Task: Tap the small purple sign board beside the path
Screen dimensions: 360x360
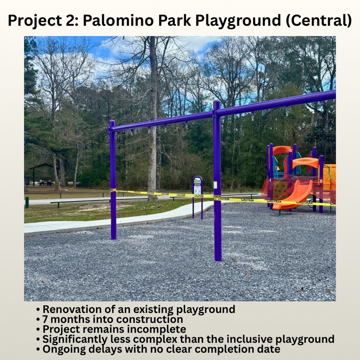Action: [x=197, y=186]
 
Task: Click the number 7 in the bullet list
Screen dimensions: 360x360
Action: [x=46, y=319]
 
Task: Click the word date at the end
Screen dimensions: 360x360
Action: [x=268, y=349]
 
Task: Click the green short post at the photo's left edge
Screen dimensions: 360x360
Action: [x=27, y=203]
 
